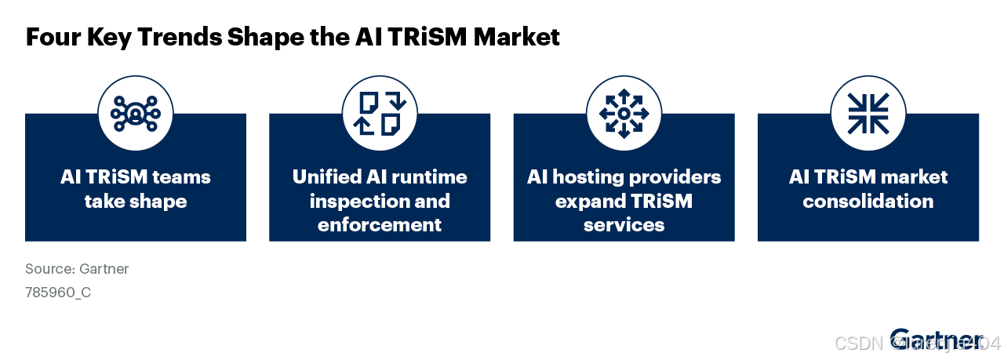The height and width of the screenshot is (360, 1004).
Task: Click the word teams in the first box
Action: [182, 177]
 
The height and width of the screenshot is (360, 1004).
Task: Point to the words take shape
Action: [136, 202]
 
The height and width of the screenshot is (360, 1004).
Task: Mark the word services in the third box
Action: [624, 225]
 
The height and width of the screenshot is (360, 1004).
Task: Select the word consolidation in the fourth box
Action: [868, 202]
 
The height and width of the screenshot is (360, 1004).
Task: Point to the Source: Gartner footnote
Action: [77, 269]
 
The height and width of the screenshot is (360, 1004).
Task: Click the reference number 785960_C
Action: [58, 293]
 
